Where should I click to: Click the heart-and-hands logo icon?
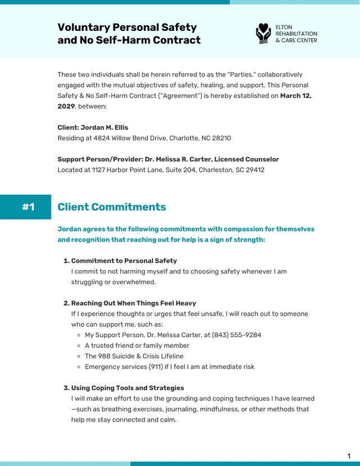pos(263,33)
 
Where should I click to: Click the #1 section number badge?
pos(28,207)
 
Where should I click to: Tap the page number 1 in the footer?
pos(349,456)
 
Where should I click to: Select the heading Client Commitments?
pos(111,207)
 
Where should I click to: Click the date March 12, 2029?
pos(295,96)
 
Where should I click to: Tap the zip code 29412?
pos(254,169)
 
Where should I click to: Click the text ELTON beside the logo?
pos(284,26)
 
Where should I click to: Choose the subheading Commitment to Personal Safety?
pos(124,261)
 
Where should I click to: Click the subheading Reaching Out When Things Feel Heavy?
pos(133,303)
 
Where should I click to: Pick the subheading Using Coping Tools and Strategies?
pos(127,388)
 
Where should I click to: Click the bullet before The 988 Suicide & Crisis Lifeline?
pos(79,356)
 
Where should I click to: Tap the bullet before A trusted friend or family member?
pos(79,346)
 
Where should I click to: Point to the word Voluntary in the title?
pos(83,27)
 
